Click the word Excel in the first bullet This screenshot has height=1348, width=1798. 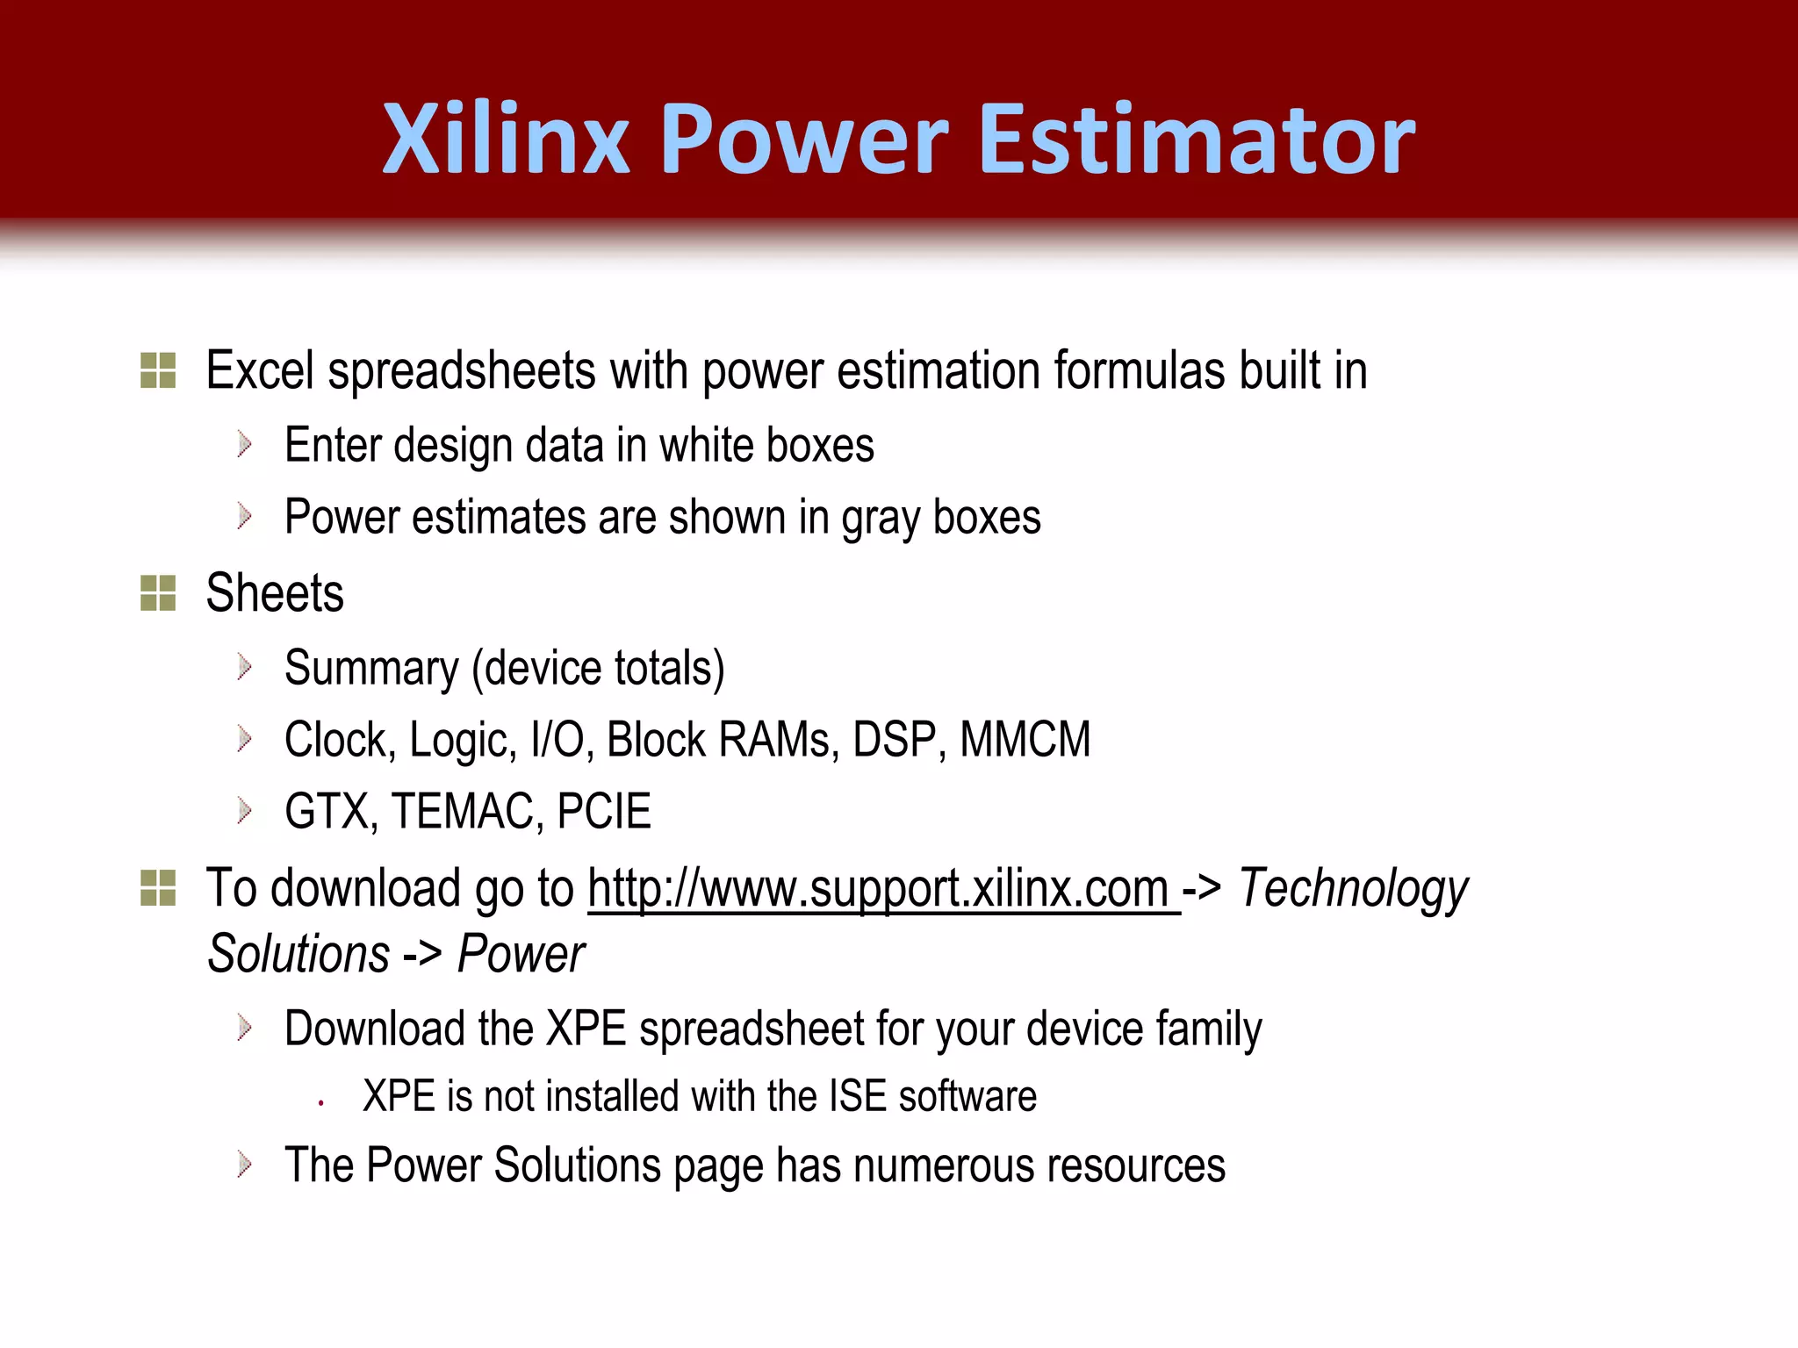(260, 370)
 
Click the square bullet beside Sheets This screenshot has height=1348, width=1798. (158, 593)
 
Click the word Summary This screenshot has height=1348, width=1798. (371, 669)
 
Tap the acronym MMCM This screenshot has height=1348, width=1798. (1025, 740)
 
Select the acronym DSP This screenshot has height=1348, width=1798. (899, 740)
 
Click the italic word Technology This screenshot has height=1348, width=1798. (1353, 889)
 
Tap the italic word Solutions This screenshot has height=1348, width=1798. (298, 954)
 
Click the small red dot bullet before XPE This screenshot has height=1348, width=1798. (322, 1102)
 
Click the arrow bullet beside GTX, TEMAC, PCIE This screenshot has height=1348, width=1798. (245, 811)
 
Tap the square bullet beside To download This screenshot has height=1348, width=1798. (158, 888)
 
